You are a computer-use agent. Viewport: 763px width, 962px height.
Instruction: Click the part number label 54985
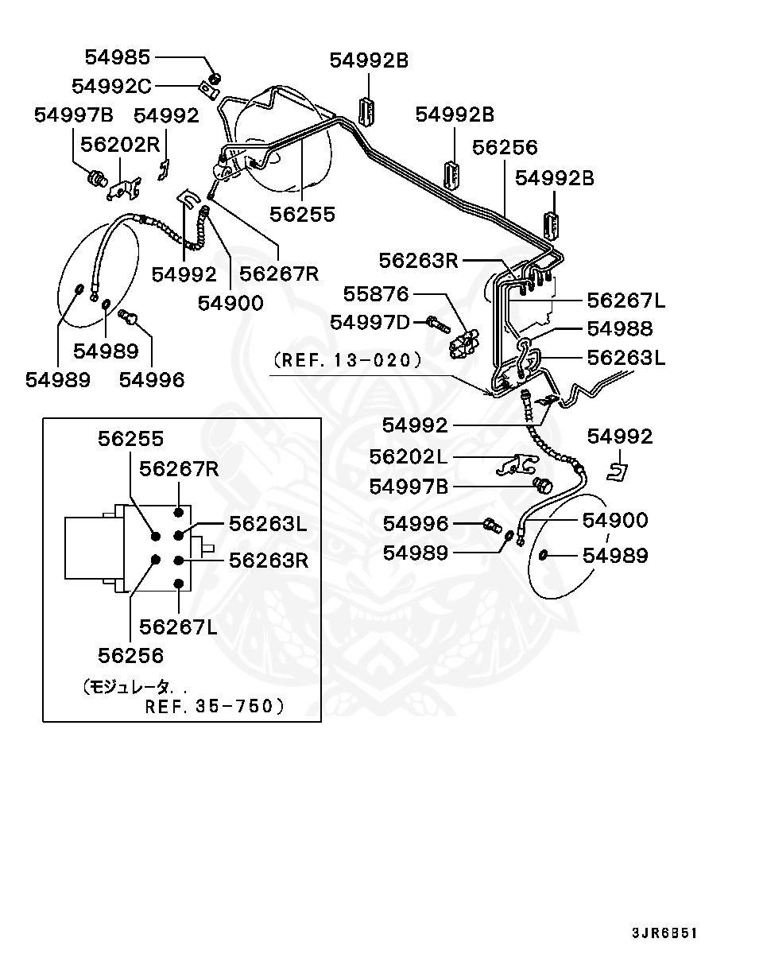pos(117,57)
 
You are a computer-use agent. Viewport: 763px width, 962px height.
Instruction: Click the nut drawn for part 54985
pos(215,78)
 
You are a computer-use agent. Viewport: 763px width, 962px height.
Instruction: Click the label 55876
pos(376,294)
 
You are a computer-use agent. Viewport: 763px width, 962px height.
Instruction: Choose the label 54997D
pos(370,322)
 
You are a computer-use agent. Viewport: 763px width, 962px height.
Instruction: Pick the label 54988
pos(620,328)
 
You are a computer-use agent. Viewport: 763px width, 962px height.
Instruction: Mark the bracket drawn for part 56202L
pos(514,465)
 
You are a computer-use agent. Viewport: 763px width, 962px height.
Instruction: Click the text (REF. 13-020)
pos(347,360)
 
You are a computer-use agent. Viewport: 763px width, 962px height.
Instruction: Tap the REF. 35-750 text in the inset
pos(214,705)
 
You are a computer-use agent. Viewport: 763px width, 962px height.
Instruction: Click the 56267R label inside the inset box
pos(179,468)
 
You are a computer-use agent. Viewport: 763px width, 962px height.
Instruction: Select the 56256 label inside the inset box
pos(131,655)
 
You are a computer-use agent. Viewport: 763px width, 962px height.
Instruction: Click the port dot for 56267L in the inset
pos(179,585)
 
